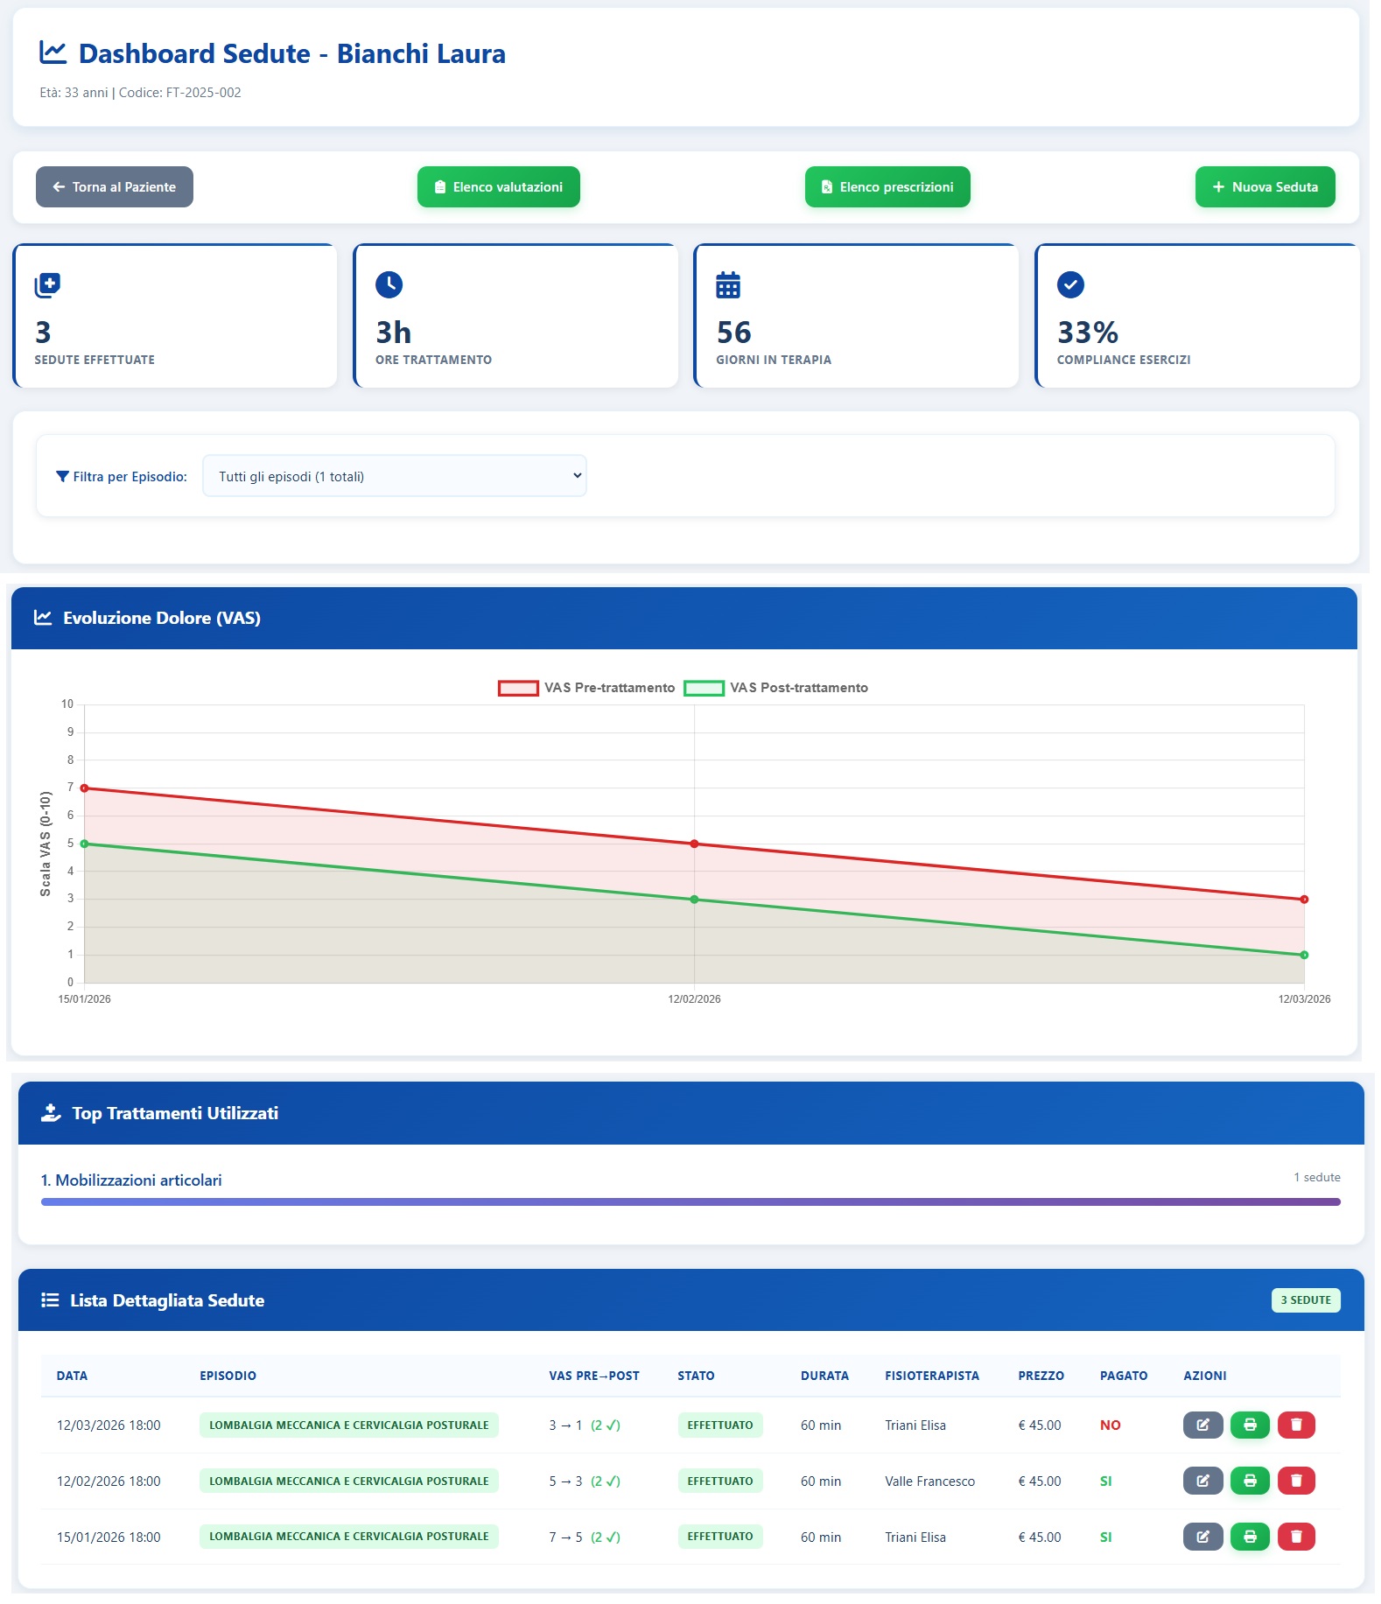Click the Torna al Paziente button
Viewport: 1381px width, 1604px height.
(115, 187)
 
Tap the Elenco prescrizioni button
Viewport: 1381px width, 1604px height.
(887, 187)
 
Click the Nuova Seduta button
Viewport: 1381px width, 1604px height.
(1265, 187)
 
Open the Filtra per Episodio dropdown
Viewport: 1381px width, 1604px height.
(394, 476)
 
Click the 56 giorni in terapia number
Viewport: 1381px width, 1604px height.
(733, 333)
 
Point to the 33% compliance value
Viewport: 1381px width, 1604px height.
(1087, 333)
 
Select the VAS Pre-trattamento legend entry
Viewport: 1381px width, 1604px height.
(586, 688)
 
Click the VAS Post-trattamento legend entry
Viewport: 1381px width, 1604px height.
(775, 688)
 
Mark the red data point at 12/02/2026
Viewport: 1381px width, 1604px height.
(694, 844)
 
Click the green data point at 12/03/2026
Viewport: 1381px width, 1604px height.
(1304, 955)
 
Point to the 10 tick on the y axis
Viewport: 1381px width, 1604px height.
(67, 704)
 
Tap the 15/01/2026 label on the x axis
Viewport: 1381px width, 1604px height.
(84, 999)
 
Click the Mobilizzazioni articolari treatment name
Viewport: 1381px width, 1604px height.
(131, 1180)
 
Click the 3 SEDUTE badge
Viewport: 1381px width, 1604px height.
(1305, 1300)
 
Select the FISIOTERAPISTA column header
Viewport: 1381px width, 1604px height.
(931, 1376)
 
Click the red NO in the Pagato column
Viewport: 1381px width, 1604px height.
(1110, 1425)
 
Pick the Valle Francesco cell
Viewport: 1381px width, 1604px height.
(929, 1481)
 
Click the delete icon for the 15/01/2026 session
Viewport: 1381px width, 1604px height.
(1296, 1537)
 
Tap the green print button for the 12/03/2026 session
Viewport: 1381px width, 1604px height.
(1250, 1425)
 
